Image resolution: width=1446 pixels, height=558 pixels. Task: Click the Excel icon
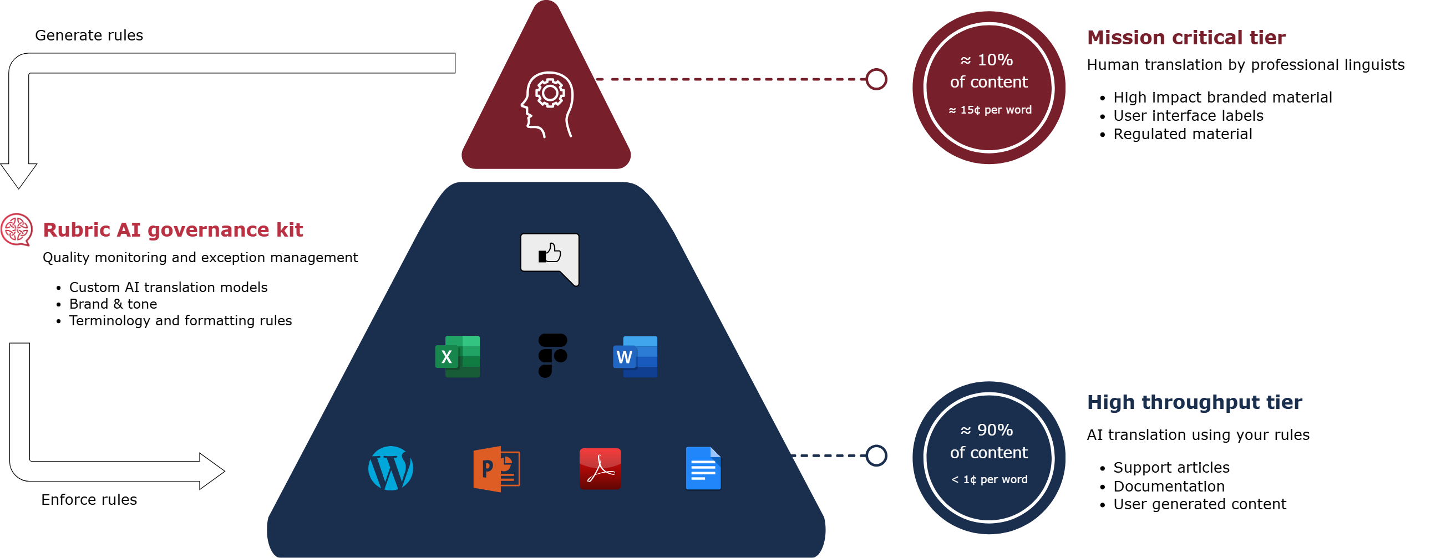(x=458, y=357)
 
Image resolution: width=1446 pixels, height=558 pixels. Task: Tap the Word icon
(x=635, y=357)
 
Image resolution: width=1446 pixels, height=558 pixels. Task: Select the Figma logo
(x=552, y=356)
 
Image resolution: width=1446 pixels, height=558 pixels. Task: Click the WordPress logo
(x=390, y=468)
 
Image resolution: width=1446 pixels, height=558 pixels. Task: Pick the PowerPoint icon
(x=496, y=469)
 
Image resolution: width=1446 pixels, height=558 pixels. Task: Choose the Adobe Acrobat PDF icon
(x=600, y=469)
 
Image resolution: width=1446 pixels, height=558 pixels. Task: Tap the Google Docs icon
(x=703, y=468)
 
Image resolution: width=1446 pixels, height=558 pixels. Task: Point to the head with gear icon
(x=547, y=104)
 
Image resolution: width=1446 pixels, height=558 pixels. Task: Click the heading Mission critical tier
(x=1186, y=38)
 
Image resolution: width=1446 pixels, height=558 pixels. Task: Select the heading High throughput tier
(x=1195, y=402)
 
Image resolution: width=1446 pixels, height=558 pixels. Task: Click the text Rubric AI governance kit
(x=173, y=230)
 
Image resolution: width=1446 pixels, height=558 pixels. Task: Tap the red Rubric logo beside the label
(x=16, y=229)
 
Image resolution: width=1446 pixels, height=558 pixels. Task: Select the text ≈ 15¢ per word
(x=990, y=110)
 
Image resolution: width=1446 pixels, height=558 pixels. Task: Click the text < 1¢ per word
(x=989, y=479)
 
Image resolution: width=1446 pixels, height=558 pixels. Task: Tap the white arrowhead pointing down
(x=18, y=176)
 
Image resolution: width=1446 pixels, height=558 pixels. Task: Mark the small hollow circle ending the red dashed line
(x=876, y=79)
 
